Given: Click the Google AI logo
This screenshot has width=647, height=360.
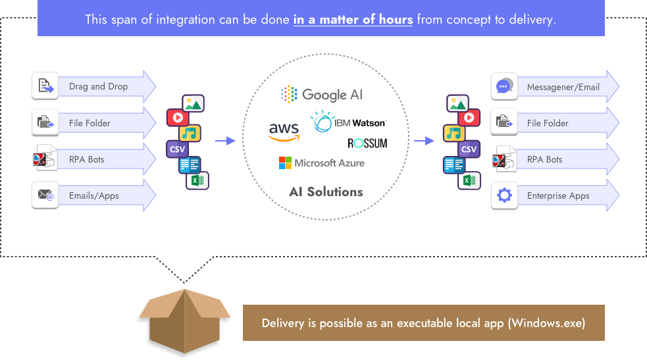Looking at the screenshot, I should pyautogui.click(x=322, y=95).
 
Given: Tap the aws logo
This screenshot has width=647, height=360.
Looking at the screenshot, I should pyautogui.click(x=284, y=131).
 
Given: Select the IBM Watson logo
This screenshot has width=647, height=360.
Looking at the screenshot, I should pyautogui.click(x=348, y=122).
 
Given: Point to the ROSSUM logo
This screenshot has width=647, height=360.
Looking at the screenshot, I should pyautogui.click(x=367, y=143).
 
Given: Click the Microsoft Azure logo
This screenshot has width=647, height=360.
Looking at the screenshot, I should pyautogui.click(x=321, y=163).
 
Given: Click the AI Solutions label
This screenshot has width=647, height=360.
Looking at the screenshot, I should pyautogui.click(x=326, y=192).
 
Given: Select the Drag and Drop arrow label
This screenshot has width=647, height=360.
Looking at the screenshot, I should pyautogui.click(x=98, y=86).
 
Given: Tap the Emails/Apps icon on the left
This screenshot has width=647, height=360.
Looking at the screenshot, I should pyautogui.click(x=45, y=195).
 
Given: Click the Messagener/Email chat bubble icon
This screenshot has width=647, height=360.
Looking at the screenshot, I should pyautogui.click(x=504, y=86).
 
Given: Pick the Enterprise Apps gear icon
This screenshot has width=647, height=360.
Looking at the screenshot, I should pyautogui.click(x=504, y=195).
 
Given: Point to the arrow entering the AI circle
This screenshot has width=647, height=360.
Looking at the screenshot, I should pyautogui.click(x=225, y=140).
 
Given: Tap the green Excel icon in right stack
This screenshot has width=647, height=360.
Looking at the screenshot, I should pyautogui.click(x=469, y=180).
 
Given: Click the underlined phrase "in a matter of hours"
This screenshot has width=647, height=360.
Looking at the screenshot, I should pyautogui.click(x=353, y=19).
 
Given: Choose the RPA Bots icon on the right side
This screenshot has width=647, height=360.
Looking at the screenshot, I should pyautogui.click(x=504, y=159).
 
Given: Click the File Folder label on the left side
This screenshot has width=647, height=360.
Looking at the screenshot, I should pyautogui.click(x=90, y=123).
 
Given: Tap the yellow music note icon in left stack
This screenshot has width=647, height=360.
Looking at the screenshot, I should pyautogui.click(x=190, y=134).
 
